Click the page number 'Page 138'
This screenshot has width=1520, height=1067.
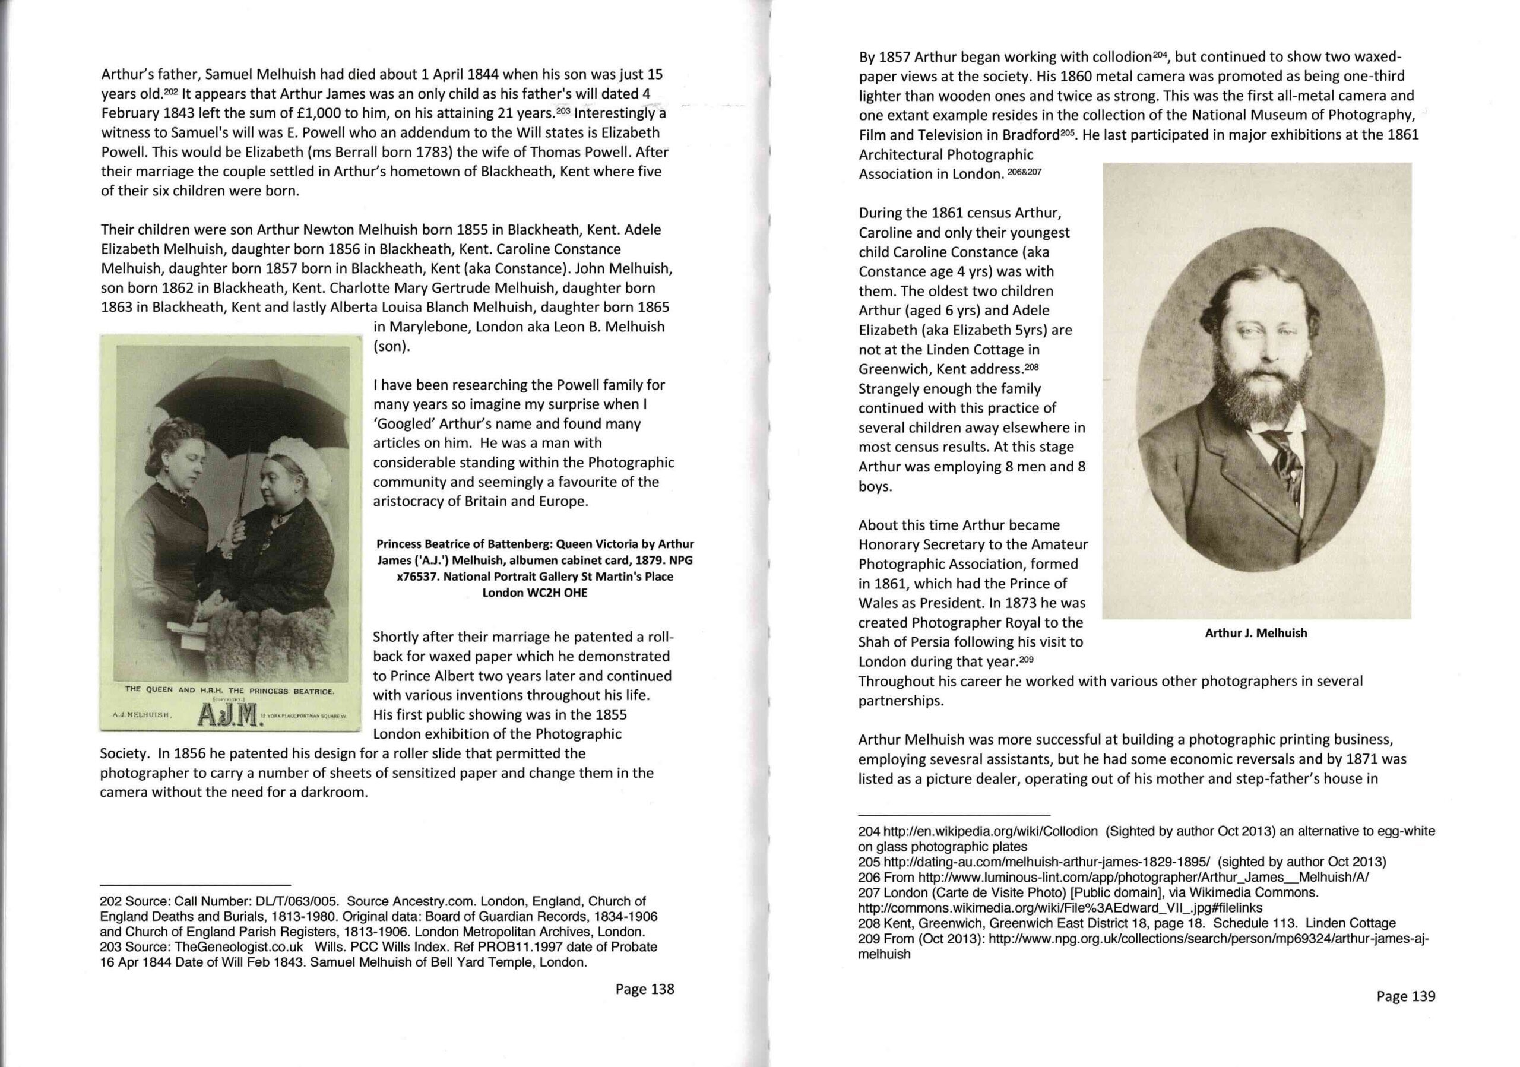pyautogui.click(x=644, y=989)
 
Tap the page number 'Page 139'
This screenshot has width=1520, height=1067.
pyautogui.click(x=1405, y=996)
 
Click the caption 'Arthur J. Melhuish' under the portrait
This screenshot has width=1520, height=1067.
pyautogui.click(x=1256, y=633)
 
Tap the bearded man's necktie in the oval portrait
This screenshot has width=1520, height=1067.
pyautogui.click(x=1283, y=457)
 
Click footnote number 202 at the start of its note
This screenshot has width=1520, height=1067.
pyautogui.click(x=110, y=901)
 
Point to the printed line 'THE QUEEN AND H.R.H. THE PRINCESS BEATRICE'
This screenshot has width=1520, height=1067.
pyautogui.click(x=229, y=690)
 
